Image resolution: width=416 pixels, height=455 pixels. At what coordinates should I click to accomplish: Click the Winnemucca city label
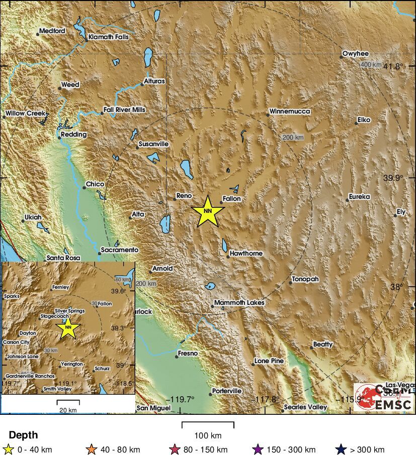tap(290, 111)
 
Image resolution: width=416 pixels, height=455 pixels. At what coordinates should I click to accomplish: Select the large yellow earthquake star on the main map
tap(208, 211)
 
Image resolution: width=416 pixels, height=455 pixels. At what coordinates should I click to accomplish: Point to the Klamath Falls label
tap(108, 37)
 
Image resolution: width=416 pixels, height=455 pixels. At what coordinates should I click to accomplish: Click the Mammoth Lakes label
tap(239, 303)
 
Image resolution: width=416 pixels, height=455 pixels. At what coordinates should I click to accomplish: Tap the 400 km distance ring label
tap(371, 65)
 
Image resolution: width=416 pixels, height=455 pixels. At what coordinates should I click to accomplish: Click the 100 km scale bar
tap(208, 425)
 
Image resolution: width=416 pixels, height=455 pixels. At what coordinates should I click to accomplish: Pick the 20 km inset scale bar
tap(68, 402)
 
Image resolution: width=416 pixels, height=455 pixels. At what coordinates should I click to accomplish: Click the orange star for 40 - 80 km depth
tap(92, 449)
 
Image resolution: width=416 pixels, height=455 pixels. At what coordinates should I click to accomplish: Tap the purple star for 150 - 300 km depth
tap(258, 449)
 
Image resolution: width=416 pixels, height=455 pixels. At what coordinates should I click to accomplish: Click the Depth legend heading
tap(23, 435)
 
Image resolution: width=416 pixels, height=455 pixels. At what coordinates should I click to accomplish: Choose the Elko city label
tap(364, 120)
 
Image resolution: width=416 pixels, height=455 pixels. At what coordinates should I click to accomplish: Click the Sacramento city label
tap(119, 250)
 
